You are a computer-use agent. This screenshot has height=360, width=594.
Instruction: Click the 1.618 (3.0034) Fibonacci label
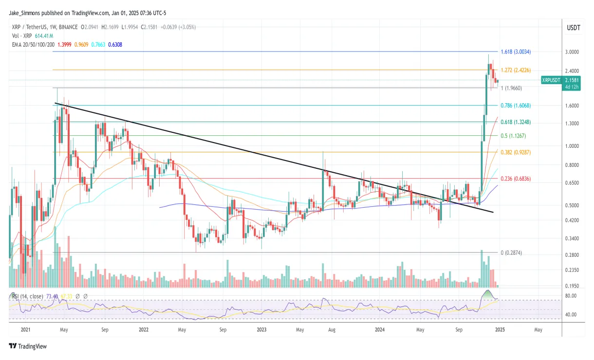(520, 52)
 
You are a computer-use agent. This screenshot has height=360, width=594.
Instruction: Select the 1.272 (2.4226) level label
(520, 70)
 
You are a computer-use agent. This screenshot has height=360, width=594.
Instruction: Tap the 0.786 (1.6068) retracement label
(520, 106)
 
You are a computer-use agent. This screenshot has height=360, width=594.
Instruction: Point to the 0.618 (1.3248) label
(520, 122)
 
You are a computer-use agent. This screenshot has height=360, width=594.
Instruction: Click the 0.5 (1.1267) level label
(516, 136)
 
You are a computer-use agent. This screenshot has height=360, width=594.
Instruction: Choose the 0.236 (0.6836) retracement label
(520, 179)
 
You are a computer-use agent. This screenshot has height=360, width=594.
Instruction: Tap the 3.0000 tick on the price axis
(573, 52)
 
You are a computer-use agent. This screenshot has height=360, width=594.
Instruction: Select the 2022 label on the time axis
(143, 329)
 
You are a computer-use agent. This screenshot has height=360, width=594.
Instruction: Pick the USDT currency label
(573, 28)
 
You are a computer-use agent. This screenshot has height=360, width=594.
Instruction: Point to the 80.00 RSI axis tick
(571, 296)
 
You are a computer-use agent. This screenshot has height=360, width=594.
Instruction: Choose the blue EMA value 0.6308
(115, 44)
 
